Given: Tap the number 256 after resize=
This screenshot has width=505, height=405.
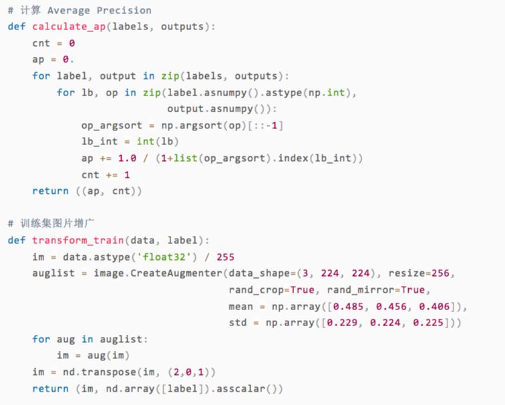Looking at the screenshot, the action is tap(443, 273).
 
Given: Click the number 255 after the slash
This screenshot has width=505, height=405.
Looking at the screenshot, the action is tap(225, 257).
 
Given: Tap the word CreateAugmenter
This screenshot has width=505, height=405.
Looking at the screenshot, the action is tap(176, 273).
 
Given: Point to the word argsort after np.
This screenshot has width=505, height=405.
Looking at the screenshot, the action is tap(201, 126).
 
